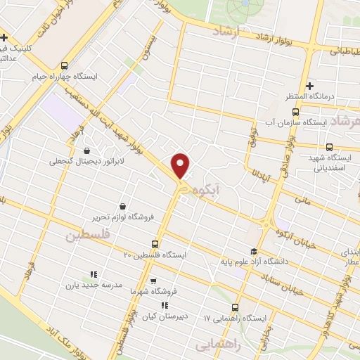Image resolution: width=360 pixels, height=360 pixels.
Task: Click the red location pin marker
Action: pyautogui.click(x=181, y=165)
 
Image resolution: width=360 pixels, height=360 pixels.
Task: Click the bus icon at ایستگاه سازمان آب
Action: pyautogui.click(x=296, y=111)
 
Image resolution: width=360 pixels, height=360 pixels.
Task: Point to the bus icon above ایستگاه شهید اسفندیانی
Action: pyautogui.click(x=329, y=147)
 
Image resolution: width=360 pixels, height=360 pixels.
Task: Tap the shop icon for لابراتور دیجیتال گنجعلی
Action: pyautogui.click(x=86, y=150)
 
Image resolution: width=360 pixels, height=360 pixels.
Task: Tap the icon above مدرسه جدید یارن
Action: pyautogui.click(x=93, y=275)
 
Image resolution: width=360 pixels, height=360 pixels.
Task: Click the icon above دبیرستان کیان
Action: pyautogui.click(x=165, y=305)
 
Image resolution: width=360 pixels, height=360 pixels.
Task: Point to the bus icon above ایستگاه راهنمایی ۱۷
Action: pyautogui.click(x=235, y=307)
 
